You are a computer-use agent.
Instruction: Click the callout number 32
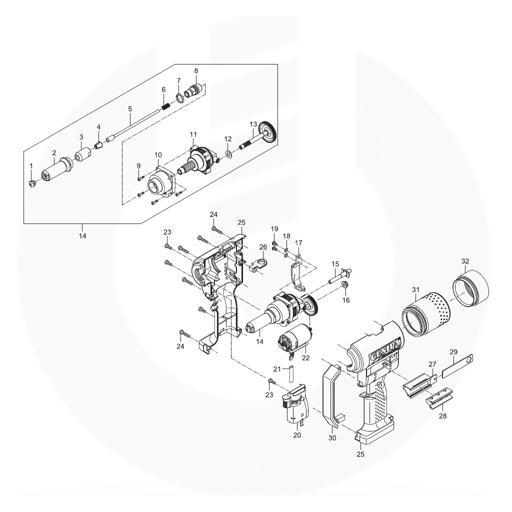click(465, 261)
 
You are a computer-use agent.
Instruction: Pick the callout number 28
click(443, 416)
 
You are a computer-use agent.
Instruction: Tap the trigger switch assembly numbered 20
click(295, 405)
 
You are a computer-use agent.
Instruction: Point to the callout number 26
click(263, 247)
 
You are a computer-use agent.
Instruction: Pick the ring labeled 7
click(179, 97)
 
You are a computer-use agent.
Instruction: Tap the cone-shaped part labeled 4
click(98, 144)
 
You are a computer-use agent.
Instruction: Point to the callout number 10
click(158, 154)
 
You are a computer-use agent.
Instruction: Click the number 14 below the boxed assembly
click(82, 236)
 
